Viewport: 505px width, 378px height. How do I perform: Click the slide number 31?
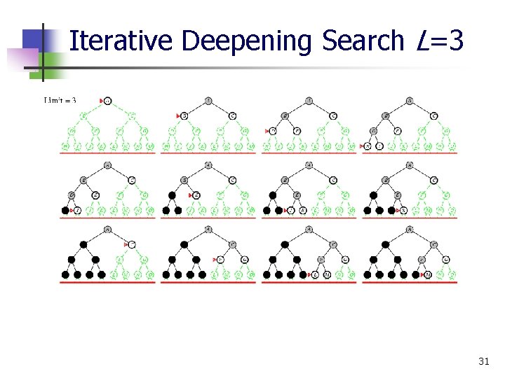coord(483,361)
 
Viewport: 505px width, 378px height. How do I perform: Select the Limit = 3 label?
coord(60,100)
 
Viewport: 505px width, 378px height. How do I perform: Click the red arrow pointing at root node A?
coord(102,101)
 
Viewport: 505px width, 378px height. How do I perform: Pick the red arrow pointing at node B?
coord(179,115)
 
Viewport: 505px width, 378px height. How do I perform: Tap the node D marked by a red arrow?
coord(274,131)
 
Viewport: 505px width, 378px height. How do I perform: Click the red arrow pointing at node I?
coord(72,210)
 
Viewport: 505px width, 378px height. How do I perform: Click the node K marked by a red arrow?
coord(404,210)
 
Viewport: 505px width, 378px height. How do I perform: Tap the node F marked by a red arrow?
coord(219,259)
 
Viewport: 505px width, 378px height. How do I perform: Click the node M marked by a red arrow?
coord(427,274)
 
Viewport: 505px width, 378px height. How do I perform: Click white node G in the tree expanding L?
coord(344,259)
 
